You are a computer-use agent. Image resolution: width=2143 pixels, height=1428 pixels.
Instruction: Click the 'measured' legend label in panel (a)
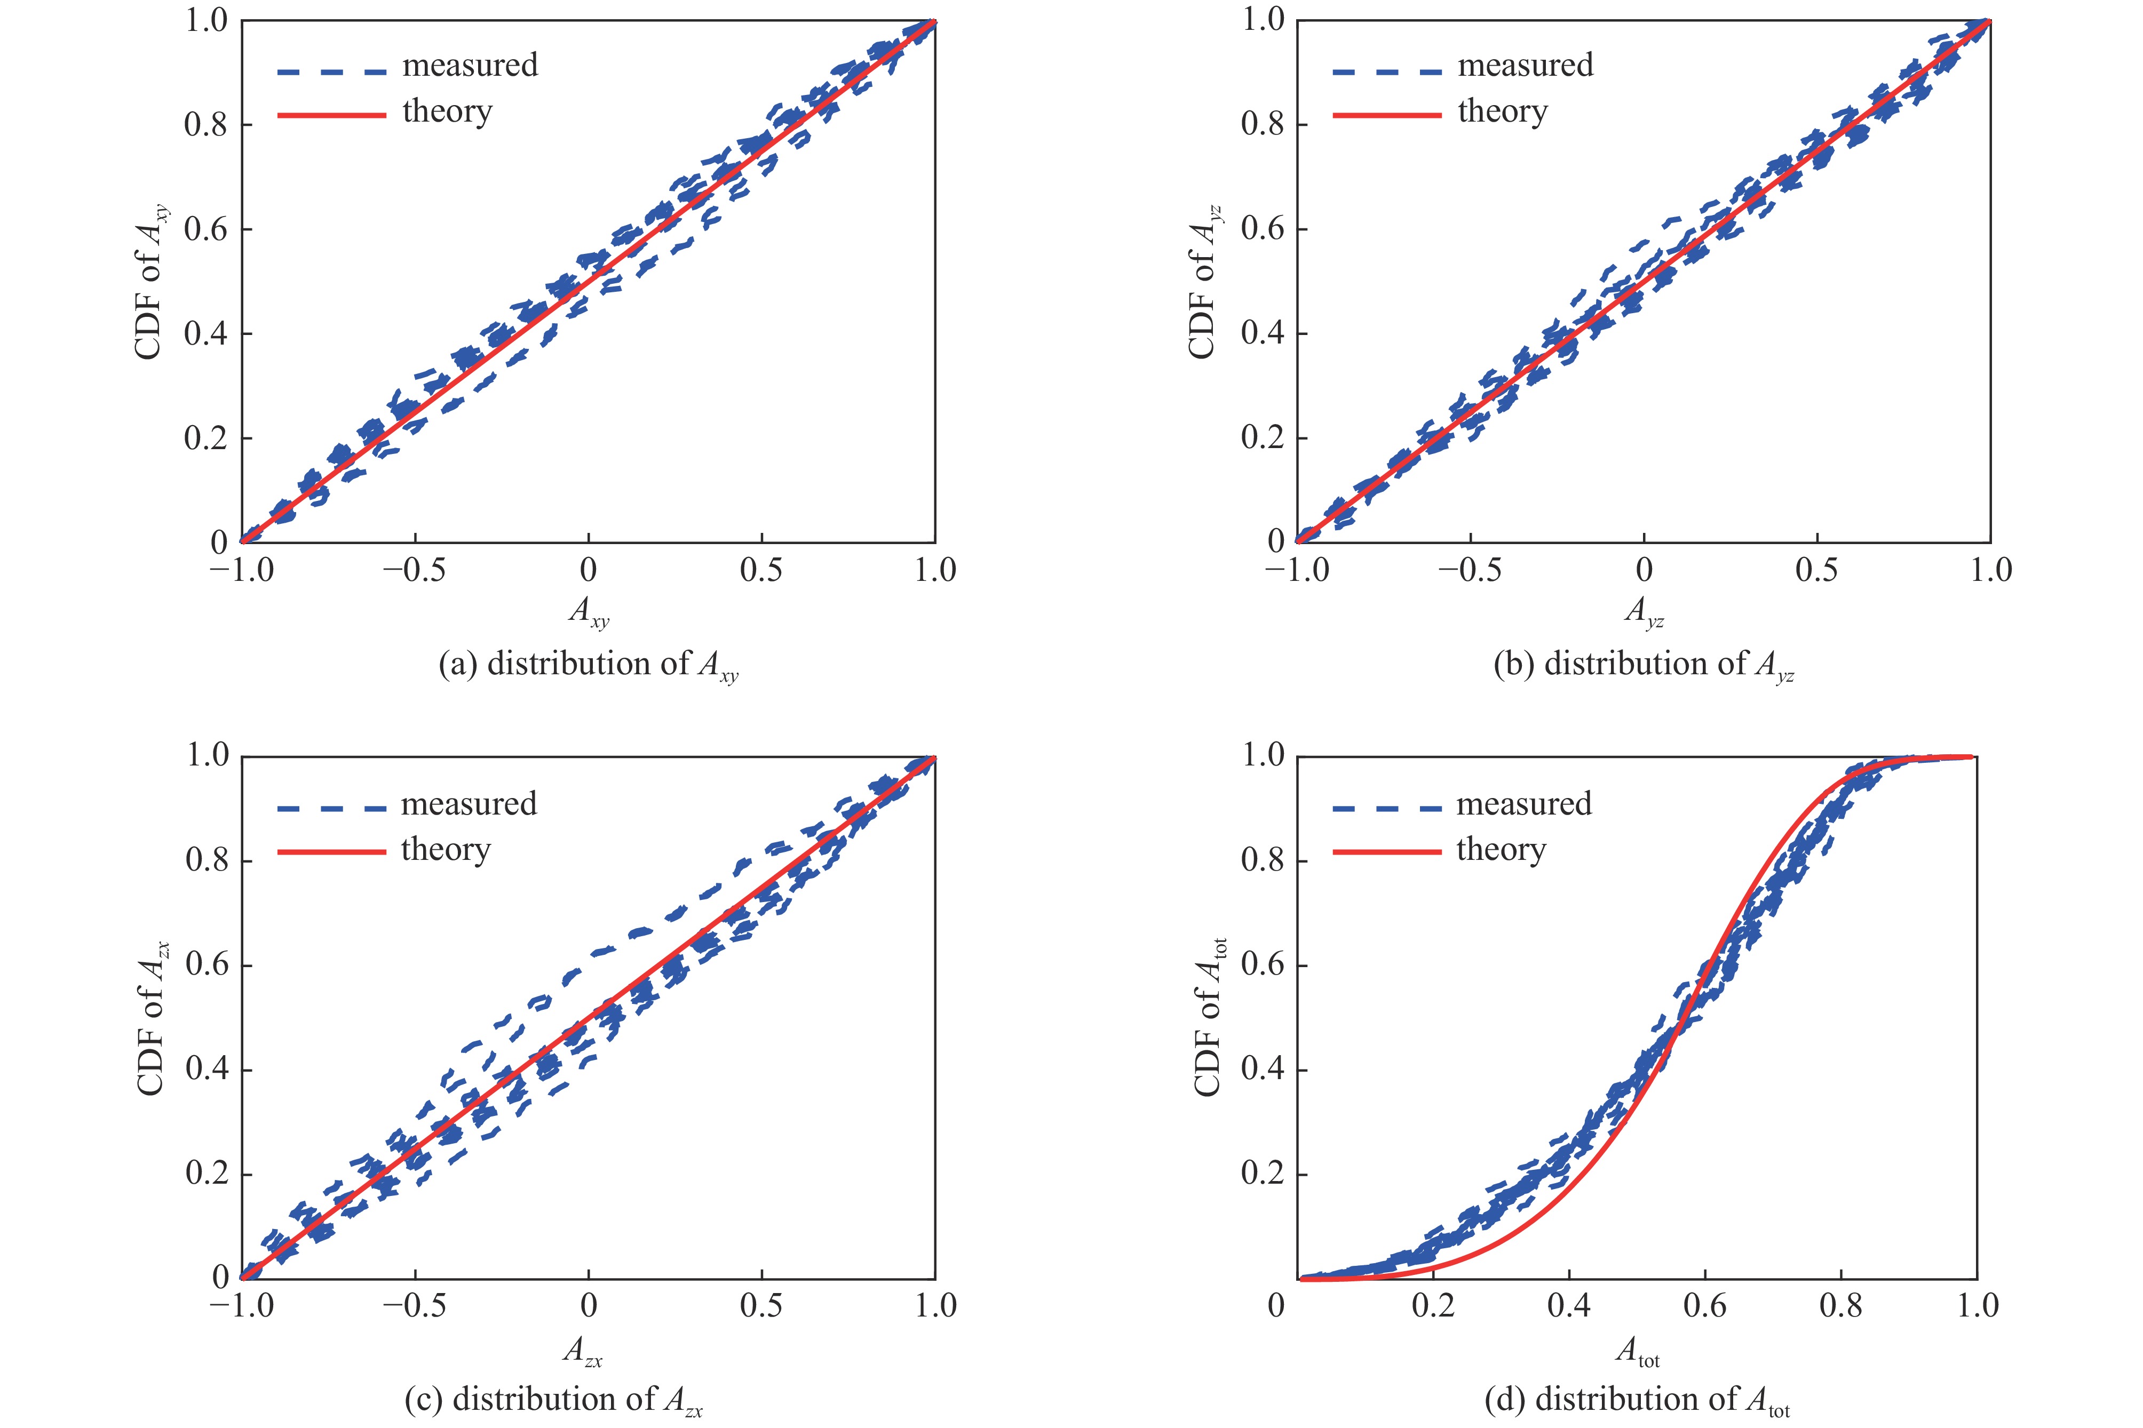470,66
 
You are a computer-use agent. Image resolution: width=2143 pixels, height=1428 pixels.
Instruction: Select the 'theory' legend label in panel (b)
1503,112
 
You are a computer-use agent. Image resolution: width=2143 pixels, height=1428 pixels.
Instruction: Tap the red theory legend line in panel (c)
331,851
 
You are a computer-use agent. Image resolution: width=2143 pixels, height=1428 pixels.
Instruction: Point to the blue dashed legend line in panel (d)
1386,807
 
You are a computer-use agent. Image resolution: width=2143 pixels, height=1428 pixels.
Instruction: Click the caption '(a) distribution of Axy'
589,665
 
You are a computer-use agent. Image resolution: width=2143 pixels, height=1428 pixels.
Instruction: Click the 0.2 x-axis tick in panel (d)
1433,1307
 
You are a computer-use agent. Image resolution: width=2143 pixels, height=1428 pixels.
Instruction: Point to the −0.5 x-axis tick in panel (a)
415,571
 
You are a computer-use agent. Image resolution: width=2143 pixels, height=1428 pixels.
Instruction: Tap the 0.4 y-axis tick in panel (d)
1263,1069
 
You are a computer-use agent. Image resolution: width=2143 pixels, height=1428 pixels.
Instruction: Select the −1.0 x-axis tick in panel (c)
241,1307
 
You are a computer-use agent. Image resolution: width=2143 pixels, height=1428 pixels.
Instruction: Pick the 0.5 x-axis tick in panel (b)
1816,571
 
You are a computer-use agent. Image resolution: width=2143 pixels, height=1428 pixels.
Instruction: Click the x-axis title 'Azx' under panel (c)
583,1352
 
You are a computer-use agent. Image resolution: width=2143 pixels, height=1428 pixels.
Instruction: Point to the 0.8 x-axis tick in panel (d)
1840,1307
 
